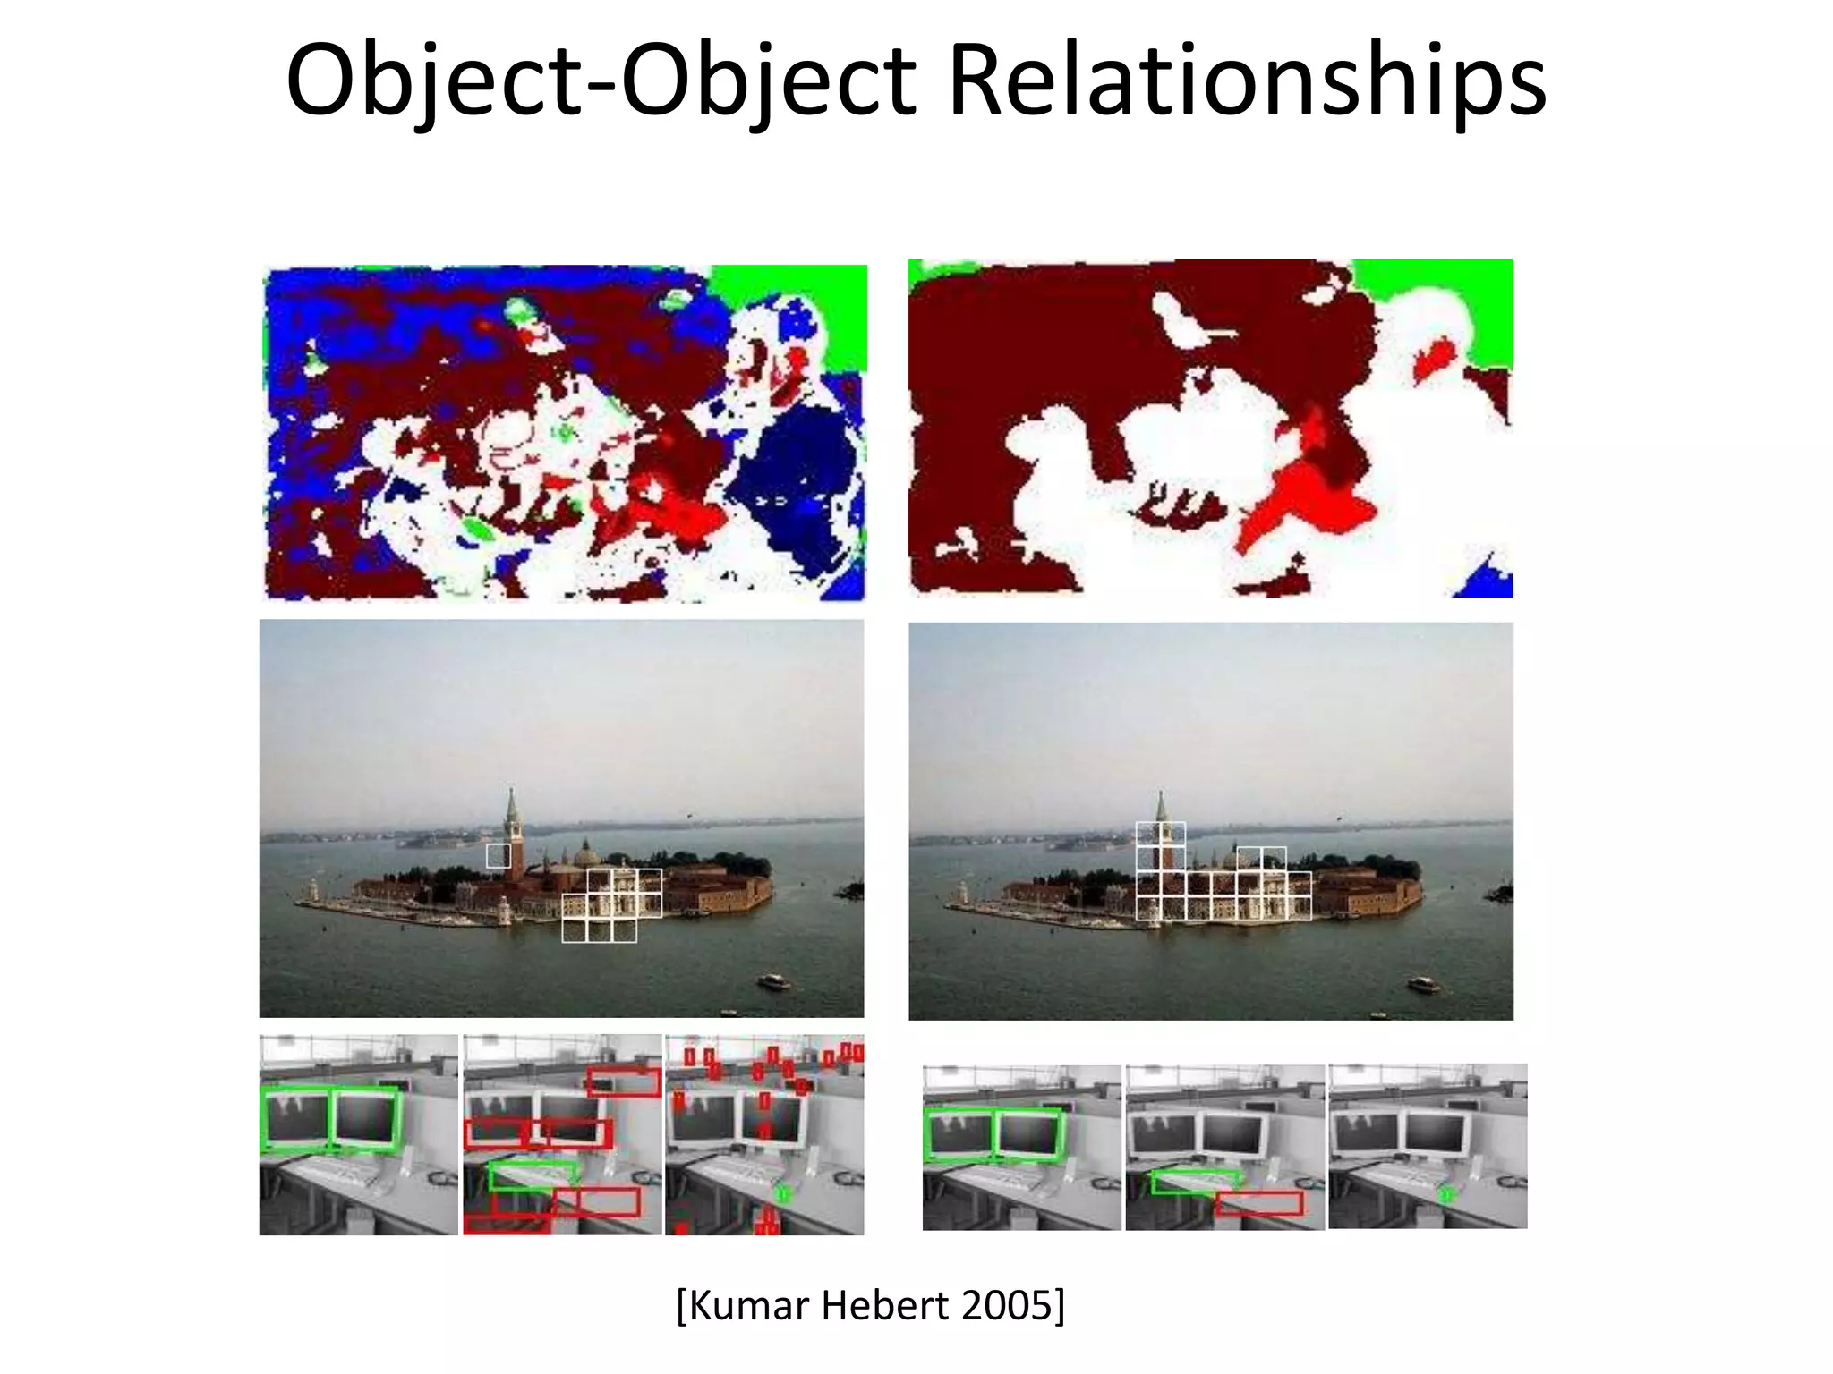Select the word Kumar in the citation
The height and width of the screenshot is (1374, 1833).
point(748,1305)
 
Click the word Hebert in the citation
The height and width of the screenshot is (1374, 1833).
point(884,1305)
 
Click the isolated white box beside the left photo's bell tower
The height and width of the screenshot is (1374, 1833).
point(499,855)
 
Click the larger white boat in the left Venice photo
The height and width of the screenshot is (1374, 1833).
point(773,981)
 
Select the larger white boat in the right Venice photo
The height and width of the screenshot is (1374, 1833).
point(1423,985)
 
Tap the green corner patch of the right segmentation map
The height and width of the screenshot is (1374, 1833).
point(1450,295)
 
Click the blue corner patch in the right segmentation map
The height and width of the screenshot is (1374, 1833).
point(1488,580)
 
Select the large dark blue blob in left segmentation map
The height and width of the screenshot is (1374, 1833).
point(792,483)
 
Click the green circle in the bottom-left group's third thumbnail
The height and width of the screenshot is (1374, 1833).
point(783,1192)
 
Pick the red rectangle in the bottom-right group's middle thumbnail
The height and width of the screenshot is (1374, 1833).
point(1258,1203)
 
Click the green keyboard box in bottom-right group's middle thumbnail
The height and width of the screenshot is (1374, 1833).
point(1195,1182)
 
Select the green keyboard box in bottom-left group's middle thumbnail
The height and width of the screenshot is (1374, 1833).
point(533,1175)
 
